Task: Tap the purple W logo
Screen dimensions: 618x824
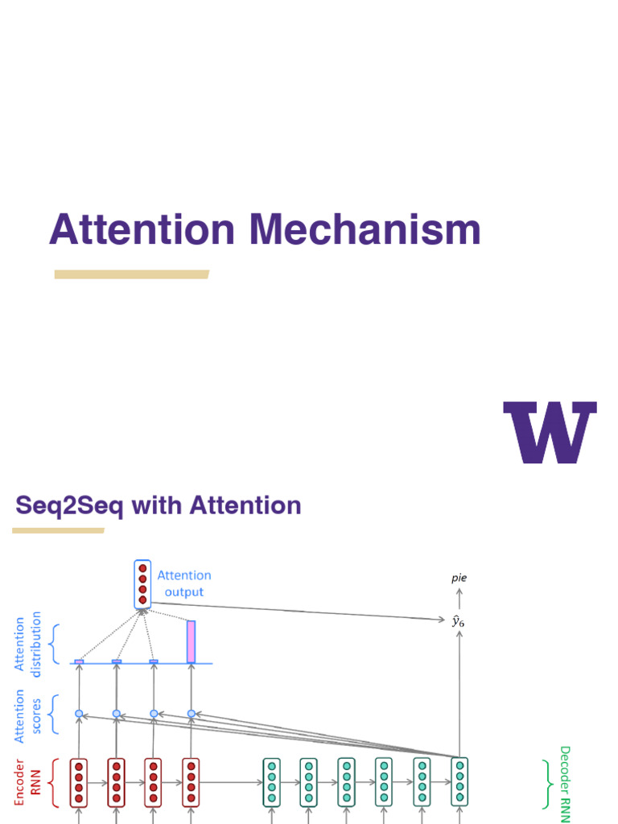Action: (550, 432)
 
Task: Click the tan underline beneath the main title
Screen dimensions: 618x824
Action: (131, 274)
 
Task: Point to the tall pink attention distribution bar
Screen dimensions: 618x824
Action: (191, 641)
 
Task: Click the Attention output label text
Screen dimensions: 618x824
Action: (184, 583)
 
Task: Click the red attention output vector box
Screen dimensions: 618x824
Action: (142, 584)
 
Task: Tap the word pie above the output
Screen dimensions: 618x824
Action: (459, 578)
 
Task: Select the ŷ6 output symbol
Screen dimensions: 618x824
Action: (459, 620)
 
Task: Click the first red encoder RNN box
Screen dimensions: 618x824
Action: (79, 782)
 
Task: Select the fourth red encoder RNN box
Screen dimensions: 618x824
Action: (191, 782)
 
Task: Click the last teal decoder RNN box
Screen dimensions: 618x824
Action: (459, 782)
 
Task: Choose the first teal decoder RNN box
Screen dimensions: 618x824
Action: (272, 782)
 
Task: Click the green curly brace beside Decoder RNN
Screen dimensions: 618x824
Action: (547, 783)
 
